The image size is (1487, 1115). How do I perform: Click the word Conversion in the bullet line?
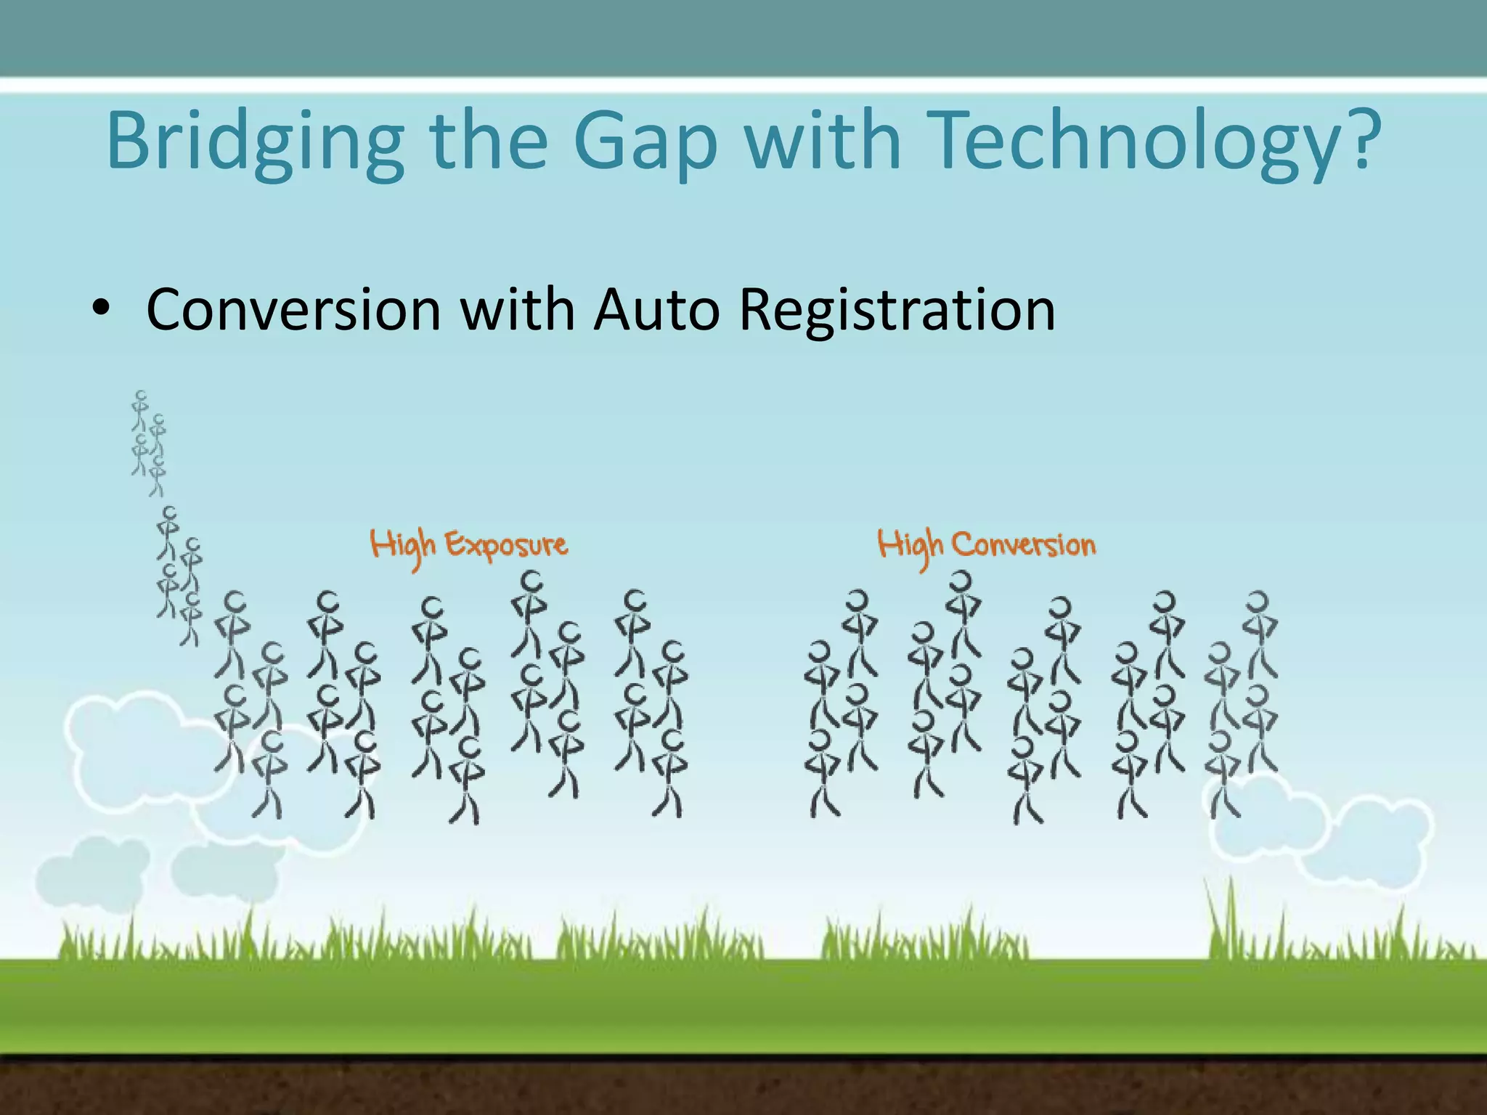click(x=293, y=310)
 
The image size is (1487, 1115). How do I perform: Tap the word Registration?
click(x=896, y=310)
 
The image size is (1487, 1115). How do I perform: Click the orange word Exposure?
click(x=505, y=544)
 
